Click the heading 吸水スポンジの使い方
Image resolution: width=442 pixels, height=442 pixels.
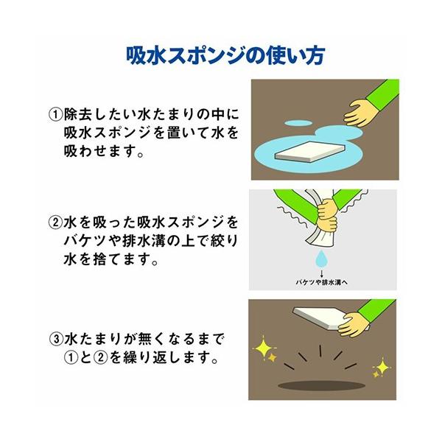click(x=225, y=55)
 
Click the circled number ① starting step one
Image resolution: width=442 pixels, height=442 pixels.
click(x=55, y=115)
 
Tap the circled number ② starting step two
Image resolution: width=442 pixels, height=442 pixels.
click(x=55, y=222)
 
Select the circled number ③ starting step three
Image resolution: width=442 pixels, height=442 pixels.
click(x=57, y=339)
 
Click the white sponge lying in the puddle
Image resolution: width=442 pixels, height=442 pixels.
click(x=310, y=152)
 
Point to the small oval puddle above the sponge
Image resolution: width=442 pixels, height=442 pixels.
click(x=298, y=123)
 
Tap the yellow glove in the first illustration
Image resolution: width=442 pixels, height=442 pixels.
click(x=362, y=112)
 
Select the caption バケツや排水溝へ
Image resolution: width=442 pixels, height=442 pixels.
click(x=322, y=282)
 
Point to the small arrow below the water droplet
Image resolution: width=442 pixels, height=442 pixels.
click(x=322, y=274)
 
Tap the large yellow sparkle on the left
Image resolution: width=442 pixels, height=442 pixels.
click(x=263, y=347)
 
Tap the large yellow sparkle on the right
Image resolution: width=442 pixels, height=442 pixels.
click(x=382, y=367)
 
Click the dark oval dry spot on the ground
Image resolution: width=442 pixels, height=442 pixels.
click(x=322, y=385)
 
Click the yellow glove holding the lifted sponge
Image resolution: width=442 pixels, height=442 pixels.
click(x=353, y=324)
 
